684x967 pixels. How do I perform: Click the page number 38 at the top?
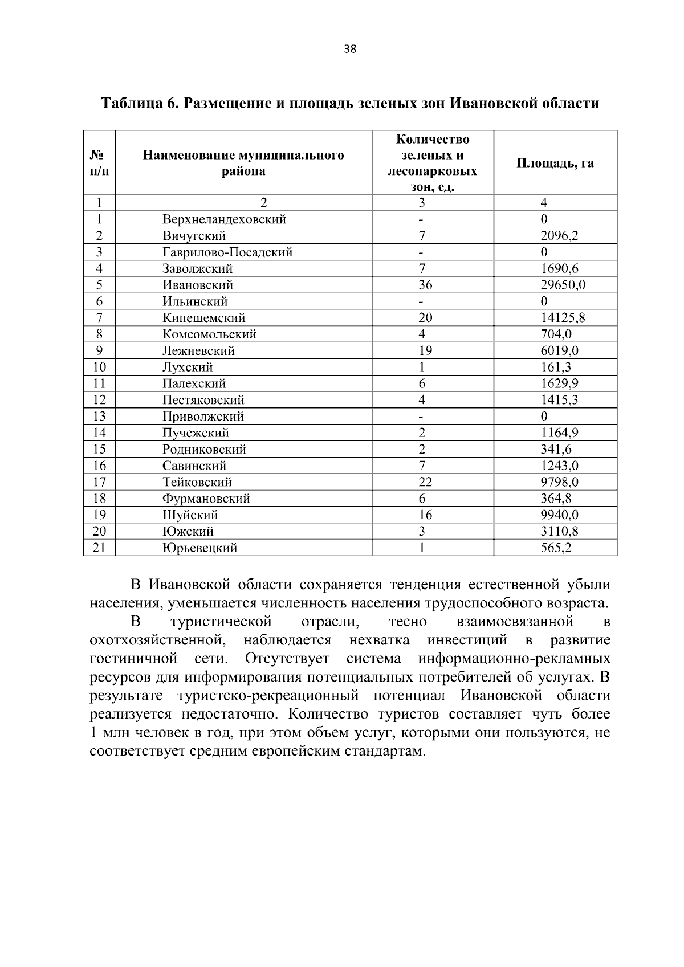pos(350,50)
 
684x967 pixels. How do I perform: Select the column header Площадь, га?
pos(555,163)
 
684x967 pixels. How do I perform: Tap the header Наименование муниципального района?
pos(243,163)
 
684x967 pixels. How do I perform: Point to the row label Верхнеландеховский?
pos(224,219)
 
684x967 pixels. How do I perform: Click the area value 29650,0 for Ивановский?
pos(562,285)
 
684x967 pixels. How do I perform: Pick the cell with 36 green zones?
pos(425,285)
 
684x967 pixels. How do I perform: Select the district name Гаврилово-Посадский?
pos(227,252)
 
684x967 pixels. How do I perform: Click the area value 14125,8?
pos(562,318)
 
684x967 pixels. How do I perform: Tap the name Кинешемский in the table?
pos(203,318)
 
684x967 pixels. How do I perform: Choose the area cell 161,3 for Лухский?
pos(556,367)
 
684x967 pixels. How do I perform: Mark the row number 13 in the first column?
pos(99,417)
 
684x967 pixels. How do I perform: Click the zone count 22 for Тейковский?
pos(425,482)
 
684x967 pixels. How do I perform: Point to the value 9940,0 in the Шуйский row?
pos(559,515)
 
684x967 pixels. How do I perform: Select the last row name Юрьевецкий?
pos(199,548)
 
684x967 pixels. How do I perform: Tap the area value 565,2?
pos(556,548)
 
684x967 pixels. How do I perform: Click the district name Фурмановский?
pos(206,499)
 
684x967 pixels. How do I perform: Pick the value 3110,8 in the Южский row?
pos(559,532)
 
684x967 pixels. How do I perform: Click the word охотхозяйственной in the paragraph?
pos(157,640)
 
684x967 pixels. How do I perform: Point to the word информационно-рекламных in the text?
pos(514,659)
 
